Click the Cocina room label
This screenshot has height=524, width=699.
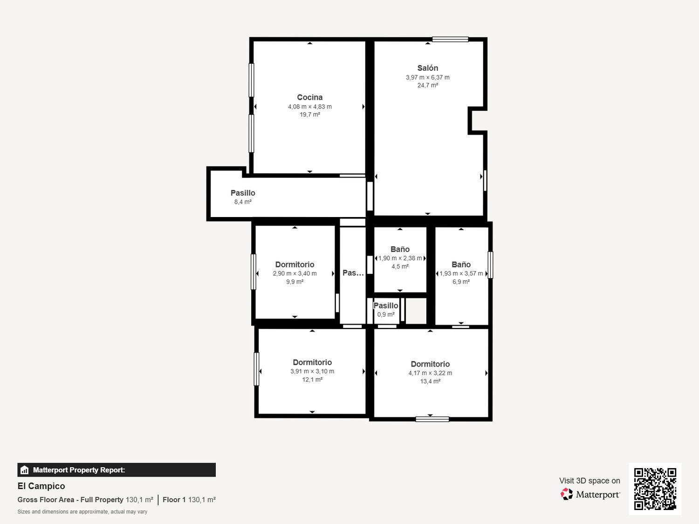tap(309, 97)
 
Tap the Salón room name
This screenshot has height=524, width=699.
tap(427, 68)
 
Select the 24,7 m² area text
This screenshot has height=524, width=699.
tap(427, 85)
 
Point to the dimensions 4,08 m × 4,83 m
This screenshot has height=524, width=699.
tap(309, 107)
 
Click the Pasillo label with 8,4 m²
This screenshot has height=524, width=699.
tap(243, 193)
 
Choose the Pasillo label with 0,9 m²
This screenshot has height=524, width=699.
tap(386, 306)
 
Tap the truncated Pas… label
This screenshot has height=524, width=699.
tap(353, 273)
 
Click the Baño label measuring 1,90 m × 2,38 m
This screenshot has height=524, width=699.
tap(400, 249)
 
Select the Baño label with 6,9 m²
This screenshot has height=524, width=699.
tap(461, 265)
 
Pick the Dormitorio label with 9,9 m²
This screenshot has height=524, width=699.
tap(295, 265)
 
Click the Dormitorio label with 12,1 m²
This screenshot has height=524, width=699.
tap(312, 362)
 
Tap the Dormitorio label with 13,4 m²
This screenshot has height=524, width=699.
tap(430, 364)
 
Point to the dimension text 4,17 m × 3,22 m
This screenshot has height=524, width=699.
tap(430, 373)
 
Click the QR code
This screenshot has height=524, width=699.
tap(655, 489)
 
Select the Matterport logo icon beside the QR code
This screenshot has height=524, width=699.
tap(567, 494)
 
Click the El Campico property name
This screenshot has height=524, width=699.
tap(41, 486)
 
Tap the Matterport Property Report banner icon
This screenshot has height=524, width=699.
tap(25, 470)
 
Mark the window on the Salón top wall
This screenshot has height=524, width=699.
tap(450, 40)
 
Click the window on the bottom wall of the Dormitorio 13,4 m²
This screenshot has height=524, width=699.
tap(432, 419)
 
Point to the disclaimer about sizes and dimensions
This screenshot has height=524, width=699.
tap(82, 511)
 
